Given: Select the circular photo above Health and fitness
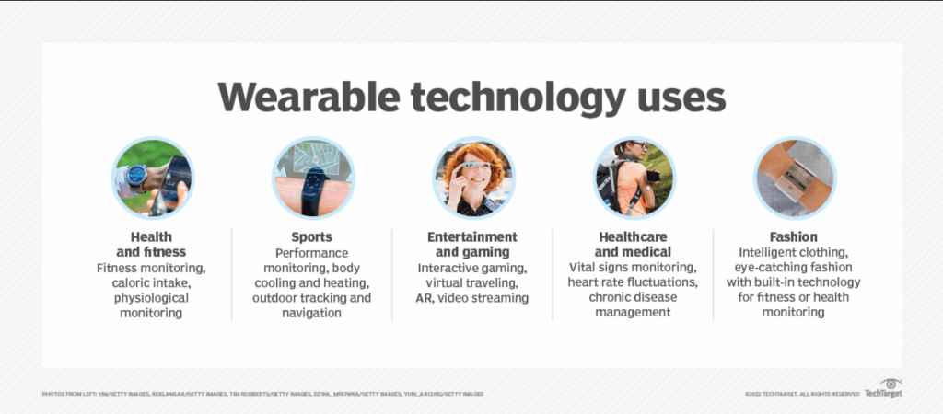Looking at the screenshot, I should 152,178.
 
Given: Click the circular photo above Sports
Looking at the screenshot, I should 312,178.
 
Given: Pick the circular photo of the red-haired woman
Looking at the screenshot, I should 473,178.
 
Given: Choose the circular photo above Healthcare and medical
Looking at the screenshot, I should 634,178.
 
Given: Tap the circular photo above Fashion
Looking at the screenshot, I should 795,178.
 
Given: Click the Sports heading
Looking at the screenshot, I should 312,236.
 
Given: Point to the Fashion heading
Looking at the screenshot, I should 794,236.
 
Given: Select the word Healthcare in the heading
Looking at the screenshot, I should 634,236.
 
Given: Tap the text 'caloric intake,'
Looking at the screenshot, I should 152,283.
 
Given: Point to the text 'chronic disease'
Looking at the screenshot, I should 634,298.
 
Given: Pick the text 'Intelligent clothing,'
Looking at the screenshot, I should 794,251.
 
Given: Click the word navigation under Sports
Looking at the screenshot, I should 312,314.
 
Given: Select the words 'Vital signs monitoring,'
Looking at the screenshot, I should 634,267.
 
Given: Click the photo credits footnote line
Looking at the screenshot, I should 262,394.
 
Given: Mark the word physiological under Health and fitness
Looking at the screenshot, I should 152,298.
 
